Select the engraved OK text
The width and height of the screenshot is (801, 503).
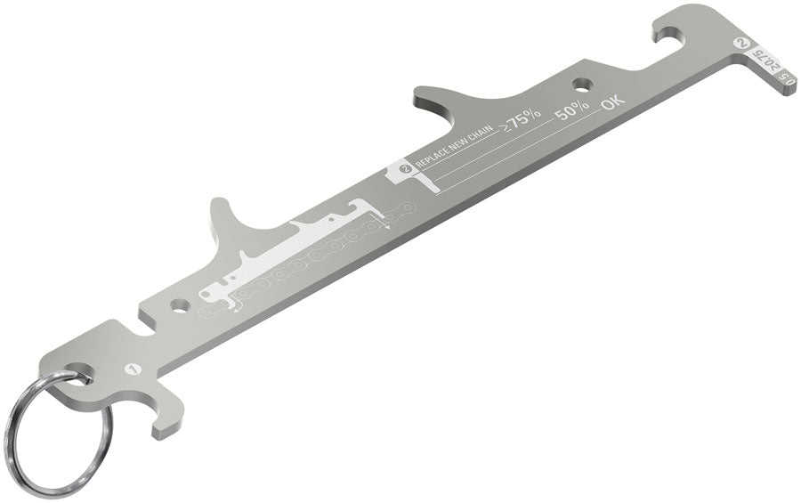coord(613,102)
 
